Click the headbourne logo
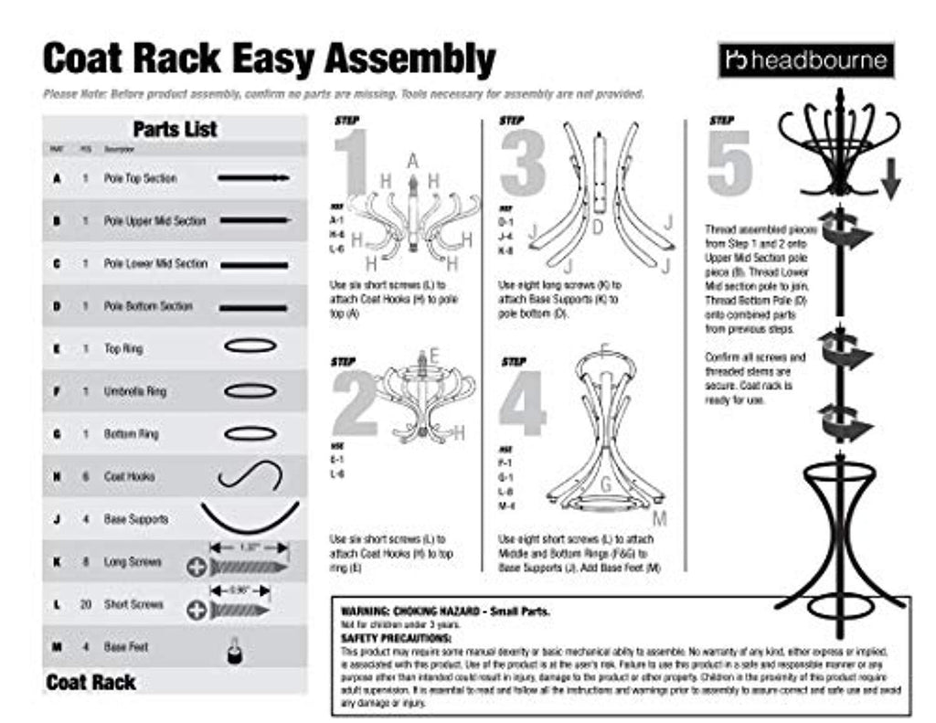804,61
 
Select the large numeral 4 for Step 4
523,402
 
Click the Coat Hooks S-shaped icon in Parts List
250,476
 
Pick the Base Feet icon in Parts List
233,649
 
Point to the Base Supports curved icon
250,517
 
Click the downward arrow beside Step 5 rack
890,186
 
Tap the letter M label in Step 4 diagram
659,519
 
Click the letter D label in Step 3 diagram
599,228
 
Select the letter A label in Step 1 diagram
413,161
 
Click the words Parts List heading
175,129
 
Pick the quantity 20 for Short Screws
85,604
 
